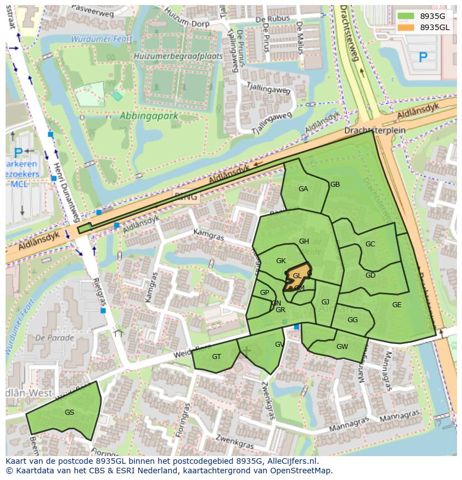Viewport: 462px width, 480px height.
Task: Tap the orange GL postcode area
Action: click(x=297, y=275)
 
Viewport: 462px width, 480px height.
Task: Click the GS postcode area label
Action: click(x=69, y=413)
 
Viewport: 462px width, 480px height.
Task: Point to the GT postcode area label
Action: click(x=216, y=357)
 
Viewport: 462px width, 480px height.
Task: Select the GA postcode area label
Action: click(x=303, y=189)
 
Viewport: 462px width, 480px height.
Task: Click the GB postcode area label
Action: click(x=335, y=185)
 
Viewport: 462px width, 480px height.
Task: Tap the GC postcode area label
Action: click(x=370, y=244)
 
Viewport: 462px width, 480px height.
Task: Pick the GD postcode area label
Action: click(x=370, y=275)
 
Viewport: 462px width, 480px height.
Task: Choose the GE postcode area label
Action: click(x=397, y=305)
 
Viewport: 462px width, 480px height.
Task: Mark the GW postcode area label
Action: click(x=342, y=347)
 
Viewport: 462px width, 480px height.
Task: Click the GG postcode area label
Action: click(x=352, y=320)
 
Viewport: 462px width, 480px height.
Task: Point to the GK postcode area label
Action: click(x=281, y=261)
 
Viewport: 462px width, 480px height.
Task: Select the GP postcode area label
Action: click(x=264, y=293)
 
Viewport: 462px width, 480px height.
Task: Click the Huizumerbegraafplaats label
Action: click(x=178, y=56)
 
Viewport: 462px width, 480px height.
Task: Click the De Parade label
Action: click(x=54, y=338)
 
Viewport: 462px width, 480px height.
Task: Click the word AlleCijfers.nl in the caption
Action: click(x=291, y=461)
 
